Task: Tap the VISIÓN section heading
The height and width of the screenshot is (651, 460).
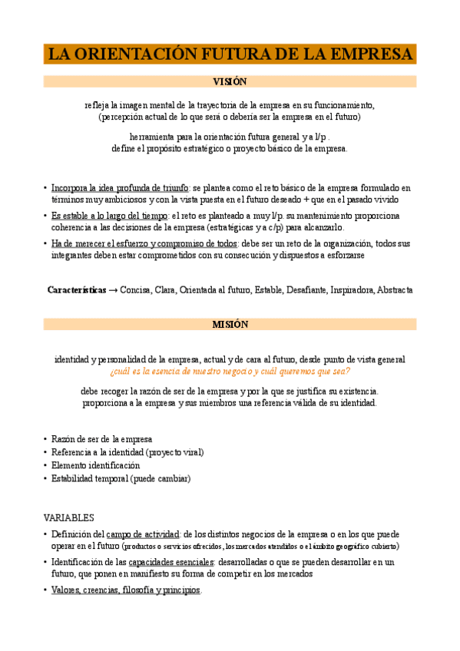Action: point(230,81)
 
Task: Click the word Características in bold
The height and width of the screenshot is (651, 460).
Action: point(77,290)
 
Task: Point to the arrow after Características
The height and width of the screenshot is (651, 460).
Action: point(114,290)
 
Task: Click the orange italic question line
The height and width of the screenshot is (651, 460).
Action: point(230,371)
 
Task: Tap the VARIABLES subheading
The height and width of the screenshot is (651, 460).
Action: point(68,517)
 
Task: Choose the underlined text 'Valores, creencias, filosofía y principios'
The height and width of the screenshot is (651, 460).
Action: point(125,590)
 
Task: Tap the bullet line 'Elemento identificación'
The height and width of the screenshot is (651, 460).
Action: point(95,465)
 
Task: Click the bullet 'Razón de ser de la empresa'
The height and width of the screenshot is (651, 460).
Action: point(101,438)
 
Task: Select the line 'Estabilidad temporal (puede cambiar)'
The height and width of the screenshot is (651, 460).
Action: point(121,478)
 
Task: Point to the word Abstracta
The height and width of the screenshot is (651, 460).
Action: point(395,290)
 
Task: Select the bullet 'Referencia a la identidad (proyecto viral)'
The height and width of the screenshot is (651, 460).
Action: point(127,452)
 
